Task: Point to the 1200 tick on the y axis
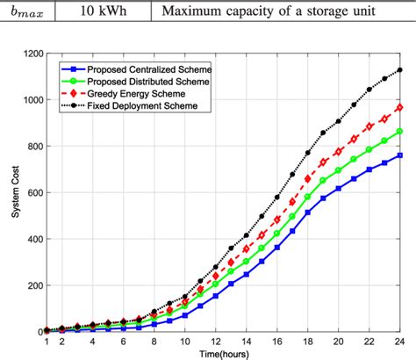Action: point(32,54)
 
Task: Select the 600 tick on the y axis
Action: point(35,193)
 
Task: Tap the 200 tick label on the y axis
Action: point(35,285)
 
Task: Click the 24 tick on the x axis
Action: point(400,341)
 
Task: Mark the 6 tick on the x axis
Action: point(124,341)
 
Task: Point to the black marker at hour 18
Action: point(308,154)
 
